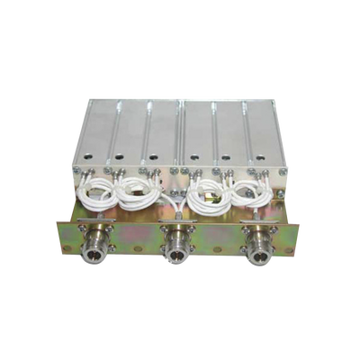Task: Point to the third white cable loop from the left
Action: pyautogui.click(x=206, y=191)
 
